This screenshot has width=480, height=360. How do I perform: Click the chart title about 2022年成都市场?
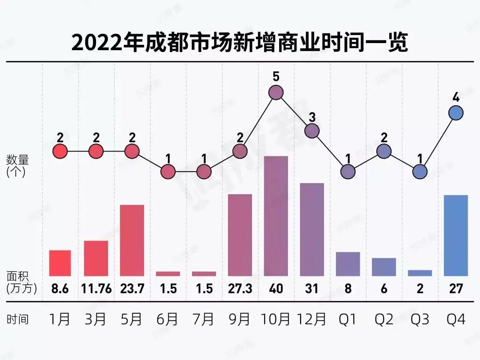click(x=240, y=44)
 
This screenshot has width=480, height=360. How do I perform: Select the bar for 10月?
click(x=276, y=216)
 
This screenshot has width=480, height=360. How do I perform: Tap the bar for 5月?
click(x=132, y=240)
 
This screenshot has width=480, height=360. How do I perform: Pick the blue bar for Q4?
click(x=456, y=236)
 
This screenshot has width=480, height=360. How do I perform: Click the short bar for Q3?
click(x=420, y=273)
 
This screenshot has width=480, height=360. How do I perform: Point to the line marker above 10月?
click(x=276, y=93)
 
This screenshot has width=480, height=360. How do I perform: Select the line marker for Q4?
click(x=456, y=113)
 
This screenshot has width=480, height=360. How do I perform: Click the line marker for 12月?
click(x=312, y=131)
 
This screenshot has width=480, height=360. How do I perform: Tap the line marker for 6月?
click(x=168, y=172)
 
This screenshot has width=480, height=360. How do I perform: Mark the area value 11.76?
click(x=96, y=289)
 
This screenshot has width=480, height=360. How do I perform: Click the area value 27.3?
click(x=240, y=289)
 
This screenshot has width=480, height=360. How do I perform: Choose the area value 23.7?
click(x=132, y=289)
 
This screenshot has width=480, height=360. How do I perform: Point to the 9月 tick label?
click(x=240, y=319)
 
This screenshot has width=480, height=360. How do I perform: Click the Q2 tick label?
click(x=384, y=319)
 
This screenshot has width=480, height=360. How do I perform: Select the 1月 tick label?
click(x=60, y=319)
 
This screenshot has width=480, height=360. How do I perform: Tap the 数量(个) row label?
click(x=16, y=166)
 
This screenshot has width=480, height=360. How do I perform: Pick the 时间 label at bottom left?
click(x=17, y=319)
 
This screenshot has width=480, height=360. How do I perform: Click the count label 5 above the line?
click(x=276, y=77)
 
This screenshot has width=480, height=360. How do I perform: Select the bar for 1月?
click(x=60, y=263)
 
